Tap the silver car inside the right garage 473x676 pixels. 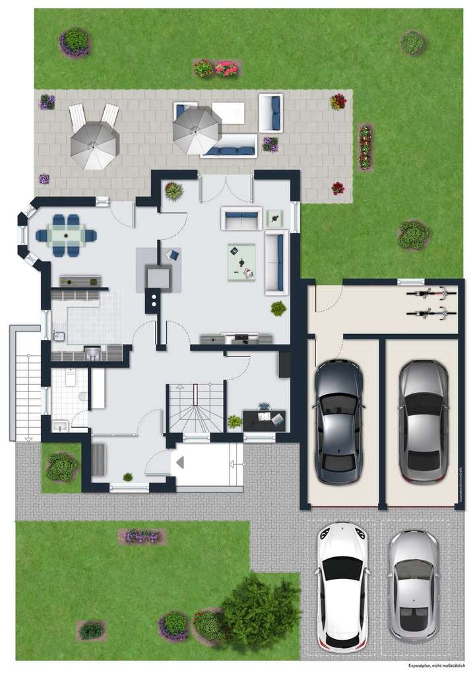423,421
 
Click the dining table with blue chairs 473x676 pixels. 66,235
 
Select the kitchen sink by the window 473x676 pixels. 59,337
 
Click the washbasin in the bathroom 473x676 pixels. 59,426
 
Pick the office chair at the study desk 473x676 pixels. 264,409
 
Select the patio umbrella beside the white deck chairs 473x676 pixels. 94,144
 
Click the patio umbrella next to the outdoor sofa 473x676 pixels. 196,129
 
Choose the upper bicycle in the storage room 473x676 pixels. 431,292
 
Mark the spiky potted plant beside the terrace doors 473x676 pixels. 174,191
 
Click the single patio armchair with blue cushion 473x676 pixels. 270,113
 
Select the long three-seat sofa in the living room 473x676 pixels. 276,263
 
